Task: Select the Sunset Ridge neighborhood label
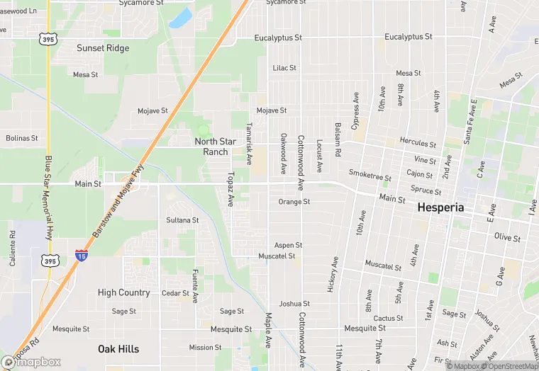(x=103, y=48)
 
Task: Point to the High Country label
(x=123, y=292)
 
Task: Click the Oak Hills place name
(x=118, y=348)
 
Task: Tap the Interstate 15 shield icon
(x=81, y=254)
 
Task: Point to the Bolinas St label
(x=21, y=137)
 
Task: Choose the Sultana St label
(x=182, y=220)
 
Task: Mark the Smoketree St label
(x=370, y=173)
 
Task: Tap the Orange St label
(x=294, y=202)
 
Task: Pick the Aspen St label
(x=289, y=245)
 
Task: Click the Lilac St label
(x=284, y=68)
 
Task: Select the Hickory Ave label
(x=332, y=270)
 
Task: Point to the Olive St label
(x=507, y=237)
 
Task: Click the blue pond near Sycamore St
(x=181, y=17)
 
